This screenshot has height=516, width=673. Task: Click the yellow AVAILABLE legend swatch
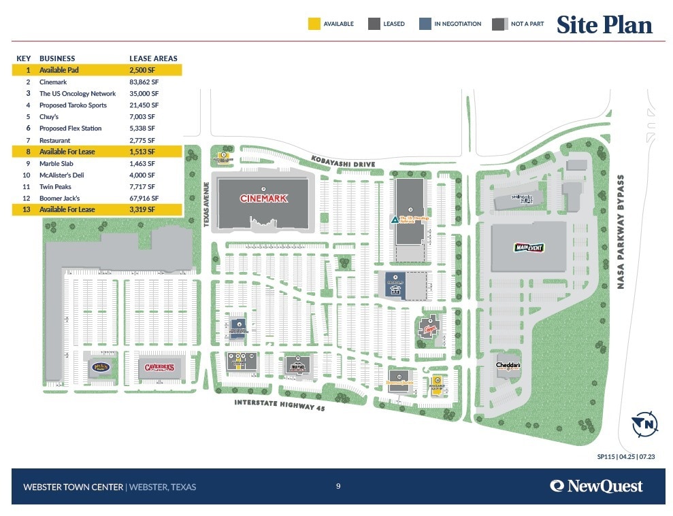point(313,24)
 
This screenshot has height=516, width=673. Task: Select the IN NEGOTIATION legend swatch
point(425,24)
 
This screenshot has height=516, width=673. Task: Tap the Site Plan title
point(604,24)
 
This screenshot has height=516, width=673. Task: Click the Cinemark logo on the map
point(263,199)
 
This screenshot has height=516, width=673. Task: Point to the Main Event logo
point(529,247)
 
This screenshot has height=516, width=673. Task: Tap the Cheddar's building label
point(508,366)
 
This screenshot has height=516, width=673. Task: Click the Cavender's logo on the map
point(159,368)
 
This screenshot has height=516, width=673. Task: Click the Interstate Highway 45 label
point(284,405)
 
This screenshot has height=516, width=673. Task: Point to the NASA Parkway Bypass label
point(621,232)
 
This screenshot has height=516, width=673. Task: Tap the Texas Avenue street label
point(206,204)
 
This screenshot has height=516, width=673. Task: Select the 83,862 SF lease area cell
point(144,82)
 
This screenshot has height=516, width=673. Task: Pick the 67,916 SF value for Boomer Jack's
point(144,198)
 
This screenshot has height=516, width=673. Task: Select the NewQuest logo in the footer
point(596,486)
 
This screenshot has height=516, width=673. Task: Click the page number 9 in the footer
point(338,485)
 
